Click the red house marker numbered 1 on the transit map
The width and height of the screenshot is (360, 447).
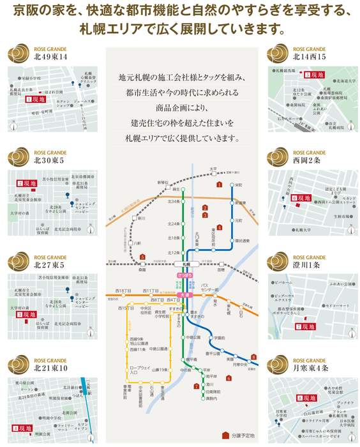click(219, 185)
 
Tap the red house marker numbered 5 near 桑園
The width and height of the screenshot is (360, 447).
click(142, 257)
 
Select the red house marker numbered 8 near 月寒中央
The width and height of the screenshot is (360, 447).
click(253, 357)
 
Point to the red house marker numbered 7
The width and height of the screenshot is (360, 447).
click(196, 386)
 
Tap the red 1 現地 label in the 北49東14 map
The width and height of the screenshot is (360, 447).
click(34, 100)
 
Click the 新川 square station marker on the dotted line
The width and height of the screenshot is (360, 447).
click(133, 219)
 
